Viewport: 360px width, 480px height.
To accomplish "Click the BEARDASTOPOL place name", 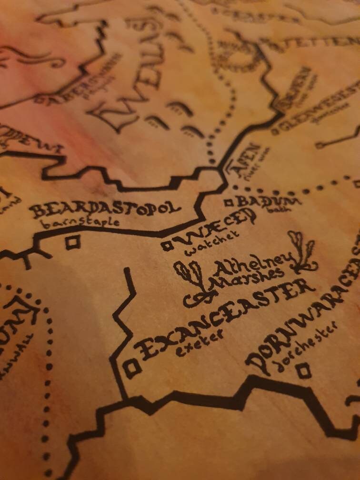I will pos(105,209).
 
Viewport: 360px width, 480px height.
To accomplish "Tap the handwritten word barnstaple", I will pos(79,223).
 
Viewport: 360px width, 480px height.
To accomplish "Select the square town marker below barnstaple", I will pos(72,243).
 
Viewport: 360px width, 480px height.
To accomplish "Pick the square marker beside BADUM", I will pos(229,202).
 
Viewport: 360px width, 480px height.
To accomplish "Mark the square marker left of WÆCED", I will pos(167,246).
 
